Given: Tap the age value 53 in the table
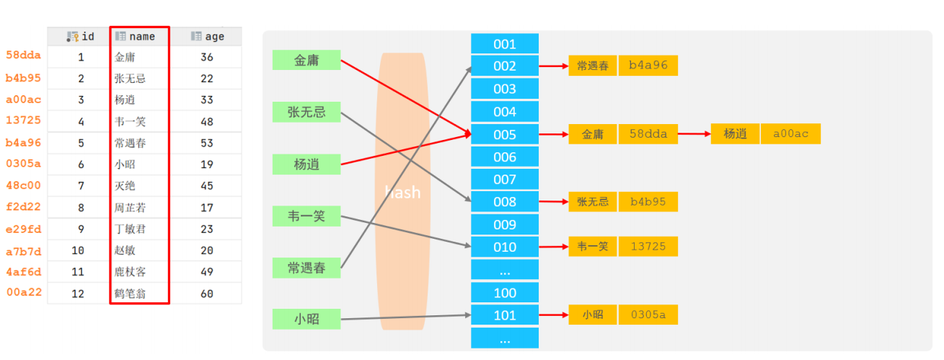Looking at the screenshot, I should pyautogui.click(x=207, y=143).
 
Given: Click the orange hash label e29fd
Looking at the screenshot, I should pyautogui.click(x=24, y=229).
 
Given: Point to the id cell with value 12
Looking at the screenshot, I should pyautogui.click(x=81, y=294).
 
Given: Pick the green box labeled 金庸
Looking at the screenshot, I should pyautogui.click(x=306, y=61).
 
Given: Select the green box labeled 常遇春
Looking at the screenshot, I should pyautogui.click(x=306, y=268).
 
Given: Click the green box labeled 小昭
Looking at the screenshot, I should pyautogui.click(x=306, y=319).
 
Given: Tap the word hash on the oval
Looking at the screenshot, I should pyautogui.click(x=402, y=192).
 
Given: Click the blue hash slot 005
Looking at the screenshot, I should pyautogui.click(x=505, y=134).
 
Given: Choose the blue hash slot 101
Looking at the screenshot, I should pyautogui.click(x=505, y=315).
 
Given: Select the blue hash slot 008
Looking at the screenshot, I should pyautogui.click(x=505, y=202).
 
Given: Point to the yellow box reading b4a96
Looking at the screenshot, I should pyautogui.click(x=648, y=66).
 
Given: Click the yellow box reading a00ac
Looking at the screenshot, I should pyautogui.click(x=790, y=133).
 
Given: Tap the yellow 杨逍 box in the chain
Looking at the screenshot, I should pyautogui.click(x=735, y=133).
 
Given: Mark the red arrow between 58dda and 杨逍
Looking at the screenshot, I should pyautogui.click(x=694, y=133).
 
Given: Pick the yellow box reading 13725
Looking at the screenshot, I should pyautogui.click(x=648, y=247).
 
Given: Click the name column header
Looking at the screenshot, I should pyautogui.click(x=140, y=36).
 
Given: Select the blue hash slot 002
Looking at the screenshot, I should pyautogui.click(x=505, y=66).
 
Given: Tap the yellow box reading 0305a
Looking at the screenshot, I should pyautogui.click(x=648, y=315).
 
